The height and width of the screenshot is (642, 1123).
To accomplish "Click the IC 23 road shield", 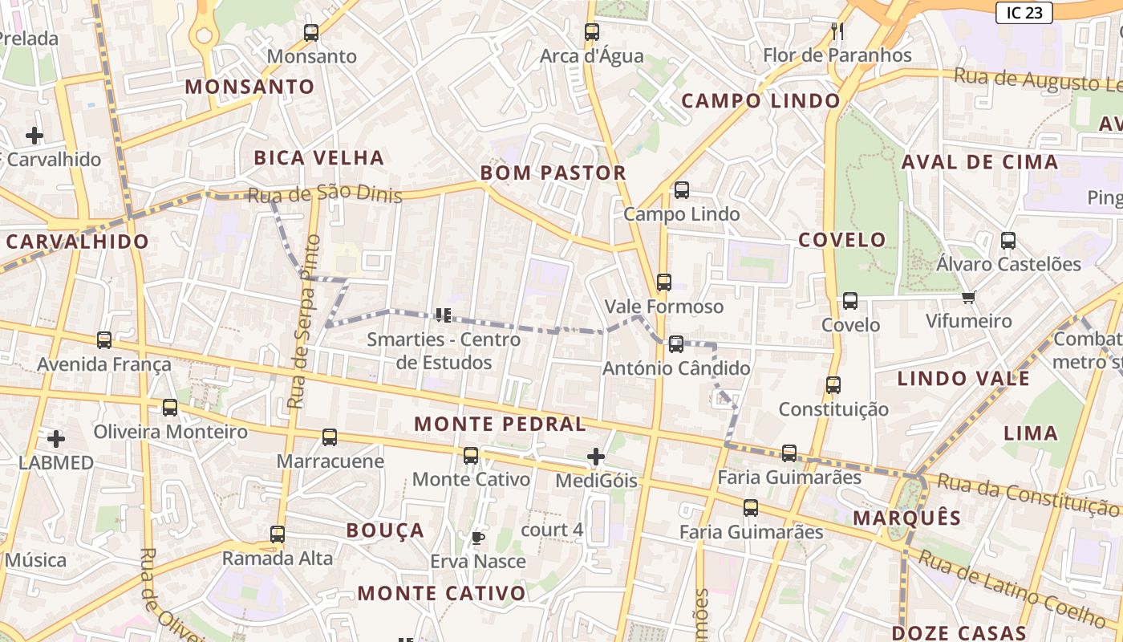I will tap(1024, 12).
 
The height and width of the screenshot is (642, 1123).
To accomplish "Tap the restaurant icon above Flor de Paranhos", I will tap(837, 31).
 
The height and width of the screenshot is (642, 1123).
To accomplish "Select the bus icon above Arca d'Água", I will tap(592, 32).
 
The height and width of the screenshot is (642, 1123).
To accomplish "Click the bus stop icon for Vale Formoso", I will tap(663, 282).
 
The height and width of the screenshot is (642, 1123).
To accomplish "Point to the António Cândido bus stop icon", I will tap(676, 344).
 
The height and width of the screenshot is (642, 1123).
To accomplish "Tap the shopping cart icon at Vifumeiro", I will tap(968, 298).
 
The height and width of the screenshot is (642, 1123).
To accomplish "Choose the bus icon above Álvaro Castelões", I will tap(1008, 240).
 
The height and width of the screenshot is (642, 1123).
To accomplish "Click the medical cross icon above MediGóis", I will tap(595, 457).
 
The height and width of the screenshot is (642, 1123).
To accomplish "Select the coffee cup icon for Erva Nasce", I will tap(478, 538).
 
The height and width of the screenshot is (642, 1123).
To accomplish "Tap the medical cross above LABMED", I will tap(56, 439).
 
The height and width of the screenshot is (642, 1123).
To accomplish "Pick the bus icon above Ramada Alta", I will tap(278, 534).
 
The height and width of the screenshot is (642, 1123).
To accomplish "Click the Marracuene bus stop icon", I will tap(330, 437).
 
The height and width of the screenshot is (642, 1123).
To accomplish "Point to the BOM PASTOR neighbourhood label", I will tap(553, 173).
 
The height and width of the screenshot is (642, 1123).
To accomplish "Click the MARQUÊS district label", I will tap(906, 518).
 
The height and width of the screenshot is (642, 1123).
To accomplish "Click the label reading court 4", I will tap(552, 530).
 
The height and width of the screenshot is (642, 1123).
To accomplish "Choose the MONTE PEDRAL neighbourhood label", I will tap(500, 424).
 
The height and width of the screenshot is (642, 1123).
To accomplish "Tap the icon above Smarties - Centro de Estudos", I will tap(443, 315).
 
